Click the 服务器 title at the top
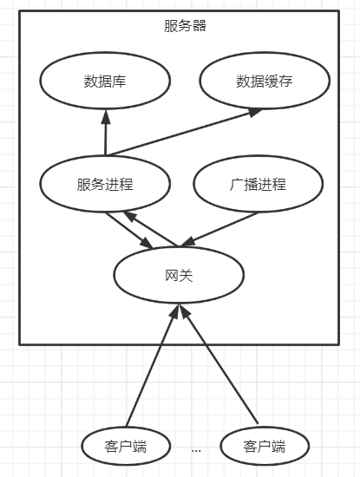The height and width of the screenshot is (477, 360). click(185, 26)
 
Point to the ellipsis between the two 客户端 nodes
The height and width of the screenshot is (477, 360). click(196, 450)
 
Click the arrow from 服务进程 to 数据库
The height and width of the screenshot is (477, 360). click(106, 133)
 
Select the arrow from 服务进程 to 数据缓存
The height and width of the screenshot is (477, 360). click(185, 132)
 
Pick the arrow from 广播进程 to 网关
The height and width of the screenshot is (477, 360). click(219, 229)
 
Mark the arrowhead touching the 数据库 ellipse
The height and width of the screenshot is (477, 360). click(106, 116)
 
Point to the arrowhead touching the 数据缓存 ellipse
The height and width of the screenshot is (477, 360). click(255, 112)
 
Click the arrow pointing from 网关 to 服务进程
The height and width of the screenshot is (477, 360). click(150, 229)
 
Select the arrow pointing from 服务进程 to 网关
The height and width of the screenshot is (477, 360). click(129, 231)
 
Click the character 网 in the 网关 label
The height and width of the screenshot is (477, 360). click(172, 276)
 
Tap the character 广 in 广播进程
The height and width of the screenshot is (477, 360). click(236, 185)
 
